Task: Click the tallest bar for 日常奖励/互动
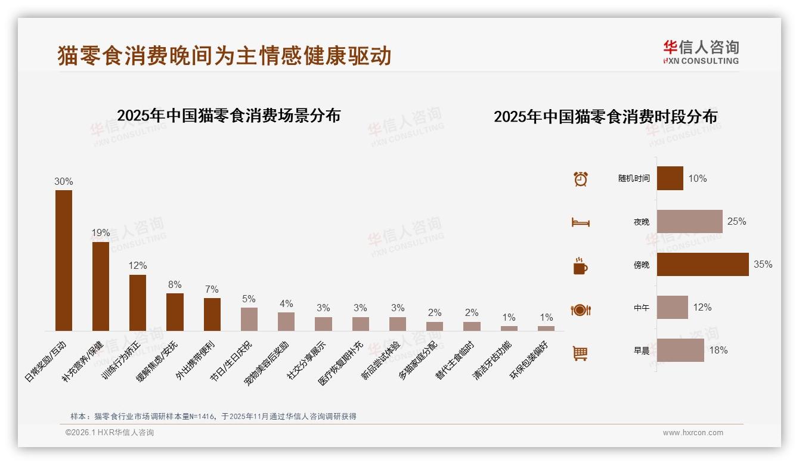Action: pyautogui.click(x=64, y=261)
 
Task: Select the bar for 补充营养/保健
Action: pyautogui.click(x=101, y=286)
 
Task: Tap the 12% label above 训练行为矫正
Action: pyautogui.click(x=138, y=265)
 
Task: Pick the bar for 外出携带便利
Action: pyautogui.click(x=212, y=314)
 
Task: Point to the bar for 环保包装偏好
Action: pyautogui.click(x=546, y=328)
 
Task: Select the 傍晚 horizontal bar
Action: pyautogui.click(x=702, y=265)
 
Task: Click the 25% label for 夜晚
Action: pyautogui.click(x=736, y=222)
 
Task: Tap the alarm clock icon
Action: pyautogui.click(x=580, y=179)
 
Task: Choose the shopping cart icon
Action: pyautogui.click(x=580, y=353)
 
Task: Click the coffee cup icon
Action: pyautogui.click(x=580, y=266)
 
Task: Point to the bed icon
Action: pyautogui.click(x=580, y=222)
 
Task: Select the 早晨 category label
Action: pyautogui.click(x=642, y=351)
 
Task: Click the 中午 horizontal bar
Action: pyautogui.click(x=672, y=308)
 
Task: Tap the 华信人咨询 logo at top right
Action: pyautogui.click(x=701, y=52)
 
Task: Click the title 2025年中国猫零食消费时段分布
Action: pyautogui.click(x=605, y=116)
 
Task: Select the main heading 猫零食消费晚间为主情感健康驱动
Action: pyautogui.click(x=224, y=55)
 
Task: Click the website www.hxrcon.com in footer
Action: pyautogui.click(x=693, y=433)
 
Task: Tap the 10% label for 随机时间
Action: pyautogui.click(x=697, y=179)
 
